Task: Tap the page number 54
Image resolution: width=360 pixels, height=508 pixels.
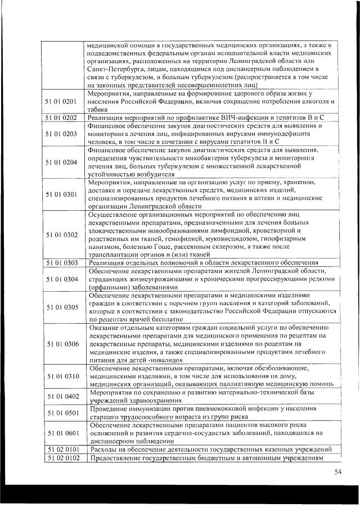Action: (337, 471)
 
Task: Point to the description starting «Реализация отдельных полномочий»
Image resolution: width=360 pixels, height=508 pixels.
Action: (203, 262)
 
